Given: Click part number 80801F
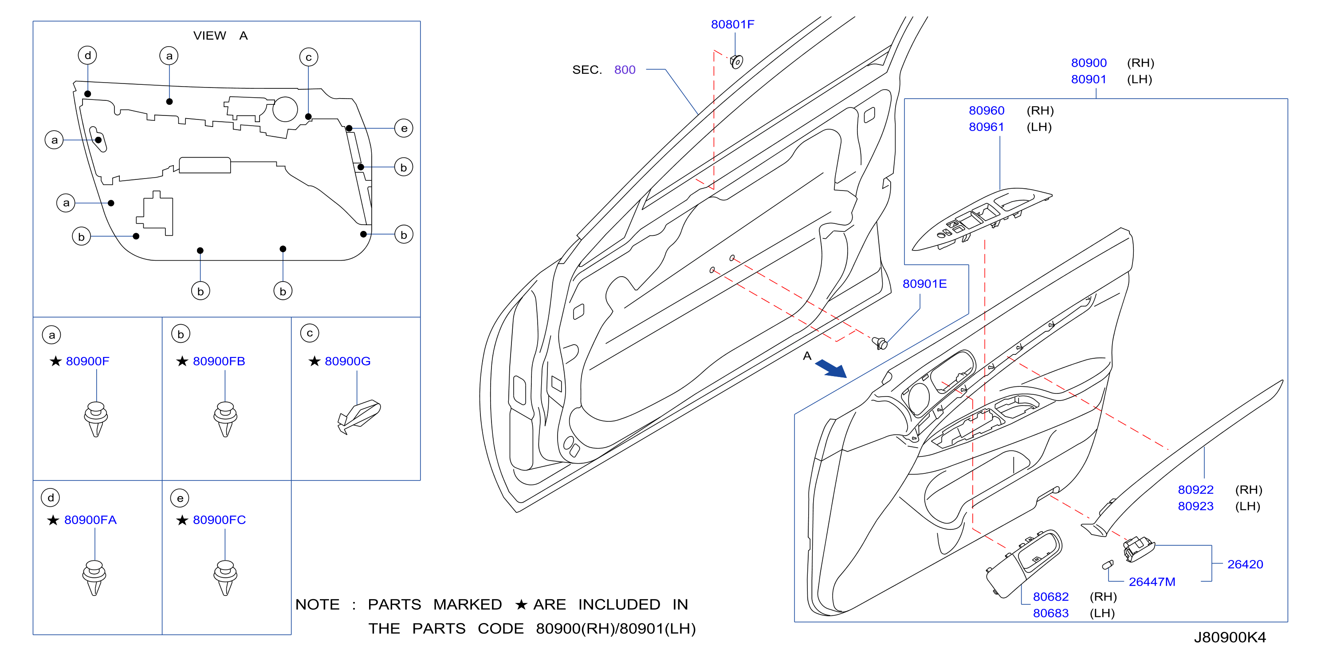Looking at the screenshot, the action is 732,24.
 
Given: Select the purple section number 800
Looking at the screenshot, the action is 625,70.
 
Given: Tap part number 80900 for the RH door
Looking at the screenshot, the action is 1089,63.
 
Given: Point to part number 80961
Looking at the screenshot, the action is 986,127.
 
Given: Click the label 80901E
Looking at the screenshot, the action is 924,284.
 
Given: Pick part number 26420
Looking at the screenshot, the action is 1245,564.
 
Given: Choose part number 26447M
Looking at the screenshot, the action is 1152,582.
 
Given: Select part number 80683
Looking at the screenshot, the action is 1051,613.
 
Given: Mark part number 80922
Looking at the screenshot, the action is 1195,490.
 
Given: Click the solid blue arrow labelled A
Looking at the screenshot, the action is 831,369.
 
